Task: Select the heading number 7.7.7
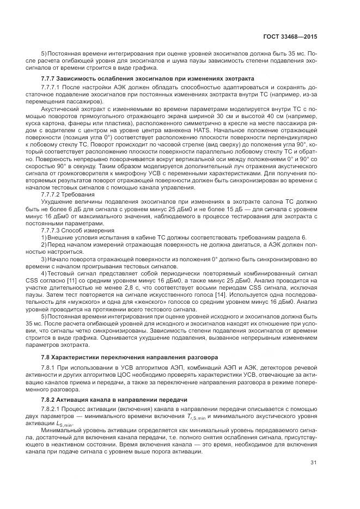(x=50, y=79)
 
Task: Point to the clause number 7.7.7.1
(x=52, y=87)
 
